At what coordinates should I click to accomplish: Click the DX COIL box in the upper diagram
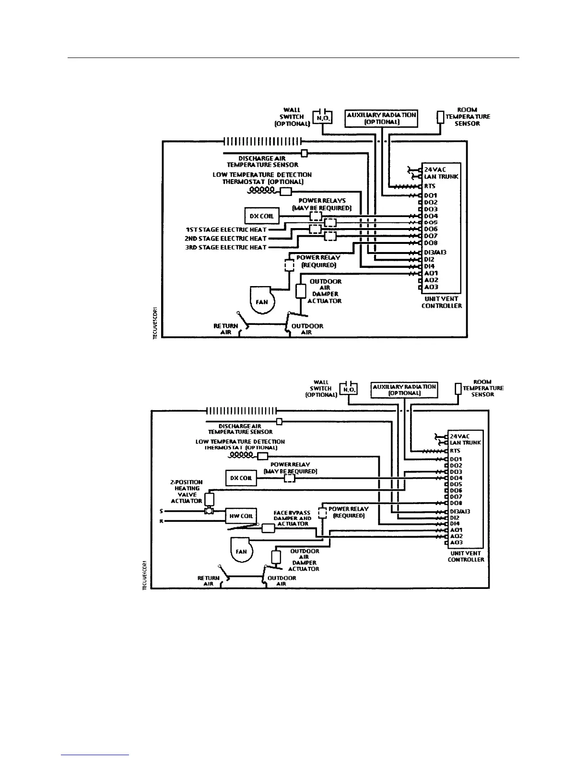tap(261, 216)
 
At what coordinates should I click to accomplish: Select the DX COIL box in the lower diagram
tap(241, 478)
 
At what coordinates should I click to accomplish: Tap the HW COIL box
tap(241, 516)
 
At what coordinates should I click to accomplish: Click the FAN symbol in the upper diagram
tap(261, 301)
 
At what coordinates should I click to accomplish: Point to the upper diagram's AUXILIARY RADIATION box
tap(381, 118)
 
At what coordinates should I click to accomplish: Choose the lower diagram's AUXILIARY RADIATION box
tap(404, 390)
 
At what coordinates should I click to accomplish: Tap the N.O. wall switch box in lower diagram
tap(348, 389)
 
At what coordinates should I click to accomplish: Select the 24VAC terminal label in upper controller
tap(435, 170)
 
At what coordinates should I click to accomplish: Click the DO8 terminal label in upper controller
tap(431, 243)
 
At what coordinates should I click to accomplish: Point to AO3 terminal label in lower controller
tap(456, 542)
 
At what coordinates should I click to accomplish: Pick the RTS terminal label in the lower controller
tap(455, 451)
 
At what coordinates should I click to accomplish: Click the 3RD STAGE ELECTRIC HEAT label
tap(226, 247)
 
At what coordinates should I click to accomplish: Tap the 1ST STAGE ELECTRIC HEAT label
tap(226, 230)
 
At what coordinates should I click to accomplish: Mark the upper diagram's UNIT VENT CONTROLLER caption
tap(442, 302)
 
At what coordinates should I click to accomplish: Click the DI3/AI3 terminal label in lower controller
tap(459, 511)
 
